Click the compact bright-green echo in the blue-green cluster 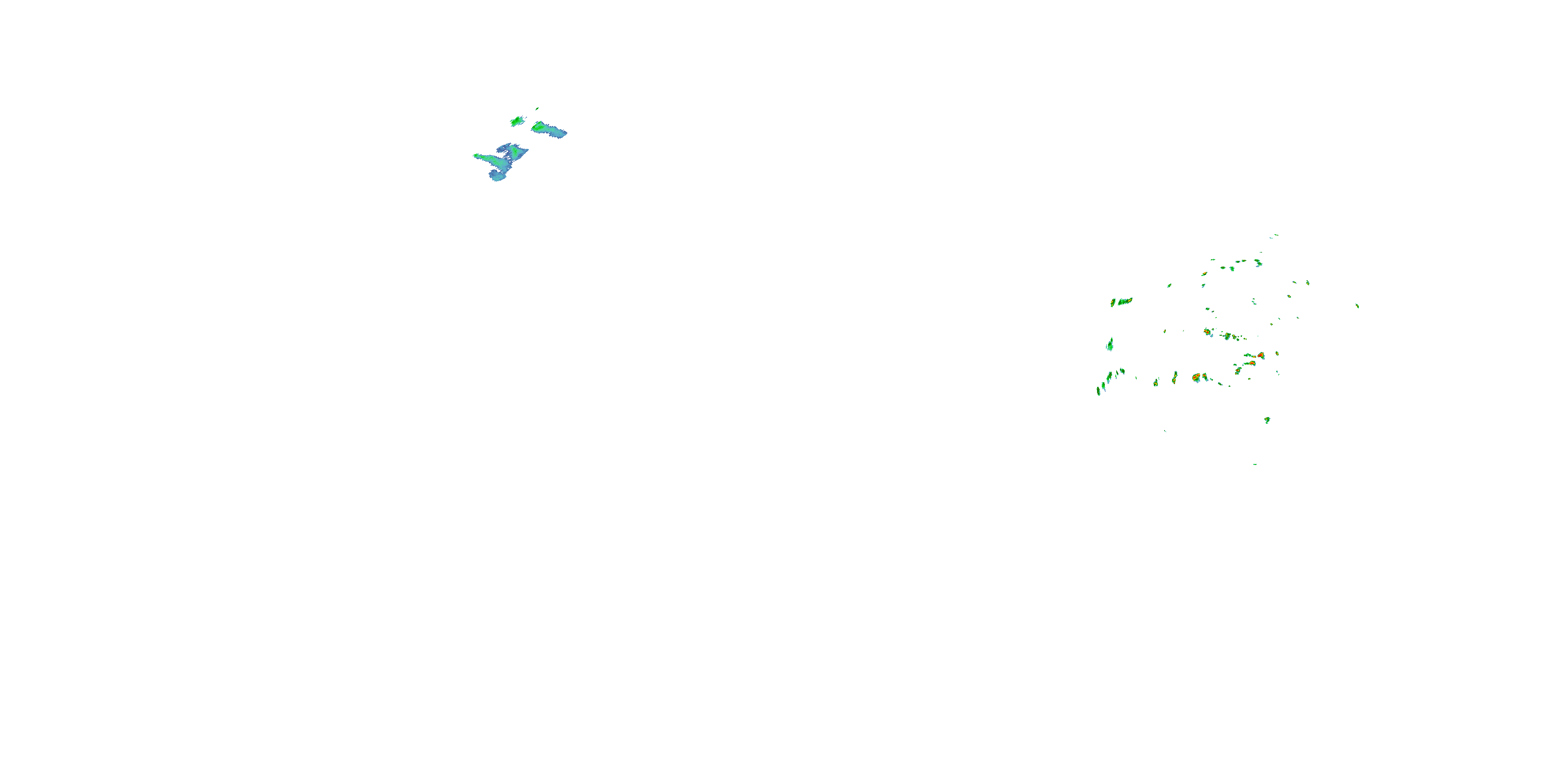pyautogui.click(x=517, y=121)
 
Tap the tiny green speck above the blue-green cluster pyautogui.click(x=537, y=108)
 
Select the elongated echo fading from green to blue pyautogui.click(x=548, y=129)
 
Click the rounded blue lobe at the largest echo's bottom pyautogui.click(x=498, y=177)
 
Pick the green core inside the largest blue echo pyautogui.click(x=515, y=149)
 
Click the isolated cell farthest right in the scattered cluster pyautogui.click(x=1357, y=306)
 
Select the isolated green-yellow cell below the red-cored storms pyautogui.click(x=1267, y=420)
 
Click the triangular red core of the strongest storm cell pyautogui.click(x=1261, y=355)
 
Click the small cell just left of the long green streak pyautogui.click(x=1113, y=302)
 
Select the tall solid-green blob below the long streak pyautogui.click(x=1110, y=344)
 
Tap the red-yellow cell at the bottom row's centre pyautogui.click(x=1196, y=377)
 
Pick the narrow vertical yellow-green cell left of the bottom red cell pyautogui.click(x=1175, y=377)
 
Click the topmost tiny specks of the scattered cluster pyautogui.click(x=1275, y=235)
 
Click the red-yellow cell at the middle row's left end pyautogui.click(x=1207, y=332)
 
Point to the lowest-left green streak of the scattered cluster pyautogui.click(x=1098, y=391)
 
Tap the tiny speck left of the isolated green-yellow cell pyautogui.click(x=1165, y=431)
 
